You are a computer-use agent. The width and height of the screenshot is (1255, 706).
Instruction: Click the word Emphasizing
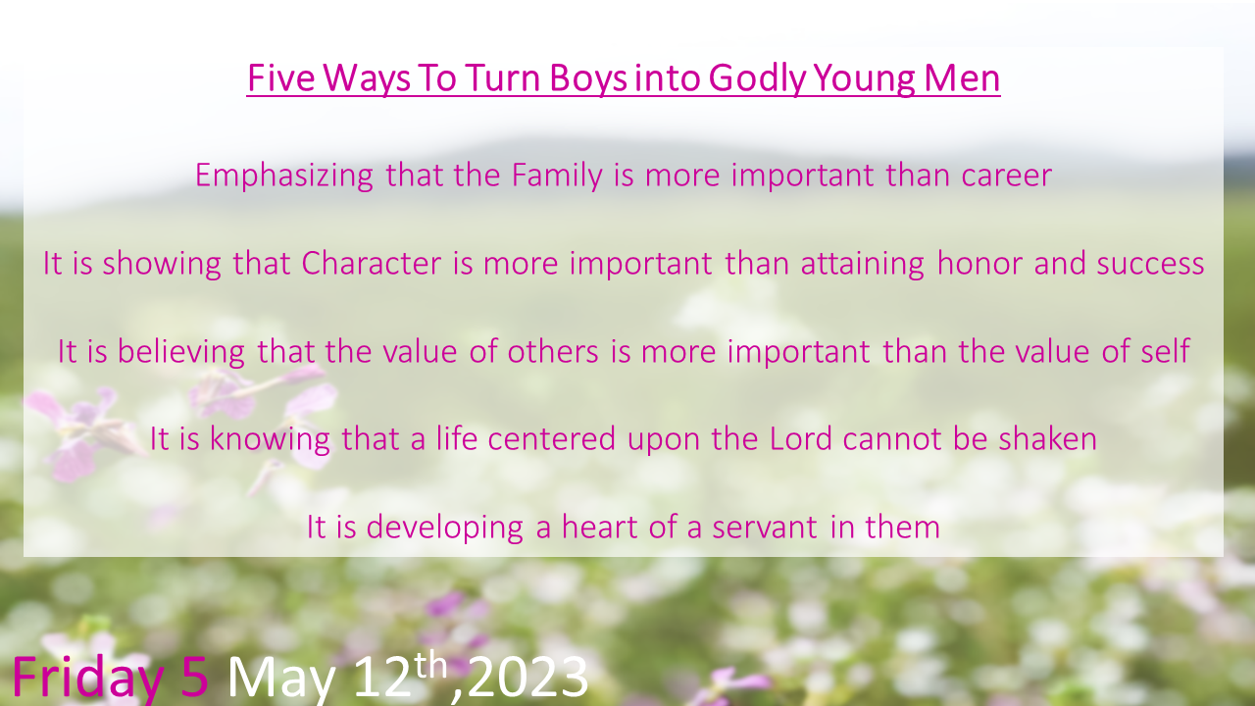point(284,176)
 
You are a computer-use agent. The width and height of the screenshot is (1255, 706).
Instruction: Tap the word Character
point(372,264)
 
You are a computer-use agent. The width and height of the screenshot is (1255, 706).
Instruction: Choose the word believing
point(180,352)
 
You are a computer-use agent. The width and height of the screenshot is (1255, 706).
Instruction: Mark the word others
point(553,352)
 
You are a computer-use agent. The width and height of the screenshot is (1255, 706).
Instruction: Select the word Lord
point(801,438)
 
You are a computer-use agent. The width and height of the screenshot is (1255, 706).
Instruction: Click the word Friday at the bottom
point(87,678)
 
